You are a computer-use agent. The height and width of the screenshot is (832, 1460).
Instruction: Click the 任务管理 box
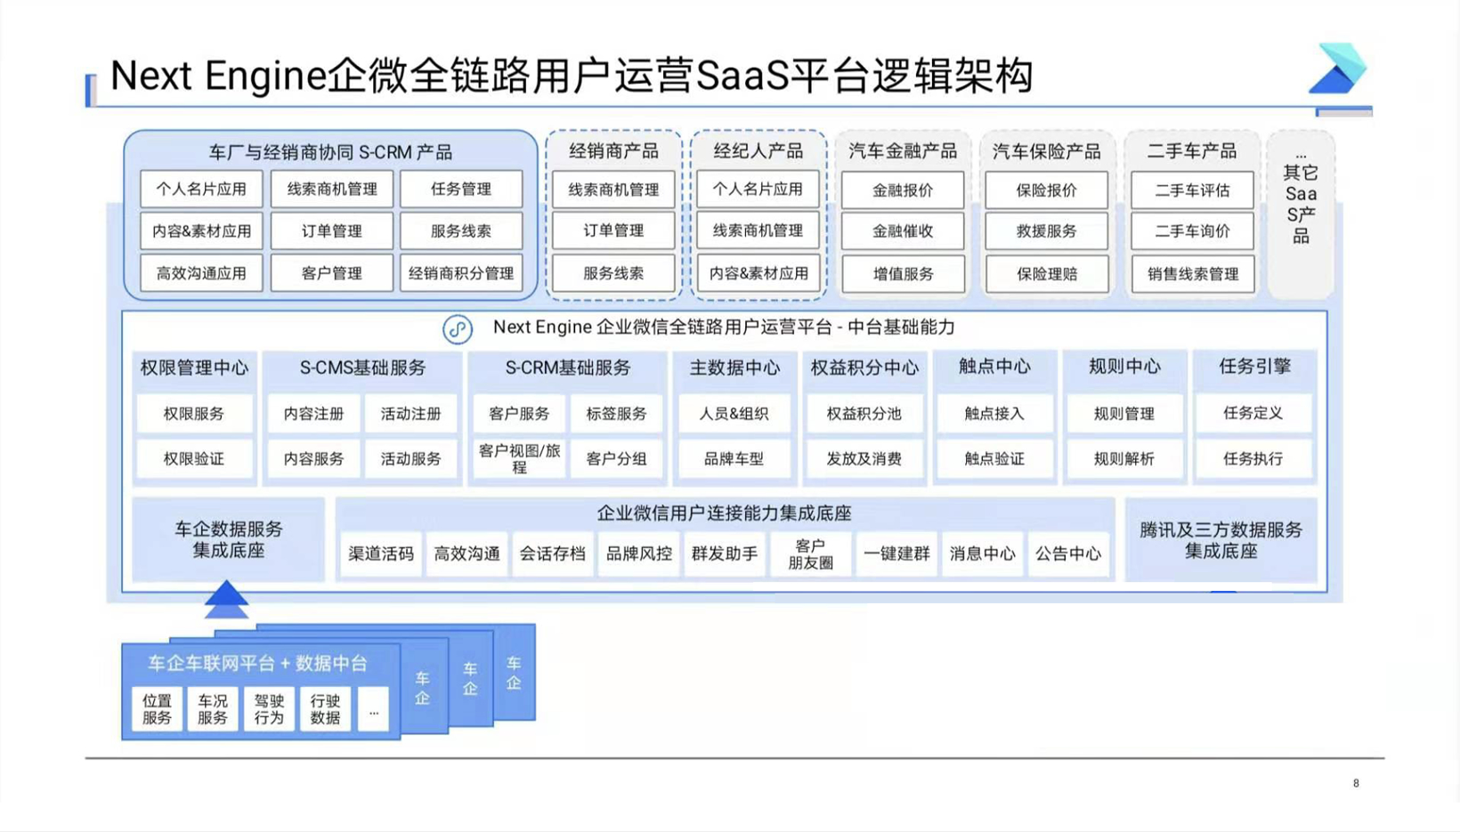(461, 189)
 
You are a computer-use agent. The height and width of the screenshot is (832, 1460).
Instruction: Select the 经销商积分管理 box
(461, 273)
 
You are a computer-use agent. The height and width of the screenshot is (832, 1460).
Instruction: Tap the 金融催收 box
(903, 230)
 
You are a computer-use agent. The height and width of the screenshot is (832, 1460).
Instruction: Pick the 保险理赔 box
(1047, 274)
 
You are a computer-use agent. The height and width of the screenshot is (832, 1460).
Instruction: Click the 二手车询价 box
(1192, 230)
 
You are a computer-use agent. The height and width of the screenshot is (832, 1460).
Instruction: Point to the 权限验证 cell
(193, 458)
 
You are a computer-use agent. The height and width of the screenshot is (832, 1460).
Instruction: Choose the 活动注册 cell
(410, 414)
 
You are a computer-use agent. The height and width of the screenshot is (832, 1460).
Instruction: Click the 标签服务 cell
(616, 414)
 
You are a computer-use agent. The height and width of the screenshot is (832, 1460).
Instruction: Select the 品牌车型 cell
(734, 458)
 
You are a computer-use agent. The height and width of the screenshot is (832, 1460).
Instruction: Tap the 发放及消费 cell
(864, 458)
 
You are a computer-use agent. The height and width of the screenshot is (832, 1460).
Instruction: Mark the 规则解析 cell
(1124, 458)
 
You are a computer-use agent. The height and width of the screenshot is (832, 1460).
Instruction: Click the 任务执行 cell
(1253, 458)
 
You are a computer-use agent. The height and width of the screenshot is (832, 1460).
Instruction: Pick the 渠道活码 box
(381, 553)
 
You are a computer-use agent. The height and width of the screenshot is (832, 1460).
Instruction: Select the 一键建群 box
(896, 553)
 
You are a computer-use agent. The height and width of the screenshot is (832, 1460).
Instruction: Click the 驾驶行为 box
(269, 709)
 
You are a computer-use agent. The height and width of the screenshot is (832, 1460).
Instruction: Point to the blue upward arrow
(226, 600)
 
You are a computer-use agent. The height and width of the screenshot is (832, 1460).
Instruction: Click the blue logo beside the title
(1337, 69)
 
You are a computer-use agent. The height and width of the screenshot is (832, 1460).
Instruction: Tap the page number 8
(1357, 783)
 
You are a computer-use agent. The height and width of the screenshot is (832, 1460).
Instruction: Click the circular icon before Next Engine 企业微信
(458, 329)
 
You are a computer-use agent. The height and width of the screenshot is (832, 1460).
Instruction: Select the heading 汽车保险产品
(1047, 152)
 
